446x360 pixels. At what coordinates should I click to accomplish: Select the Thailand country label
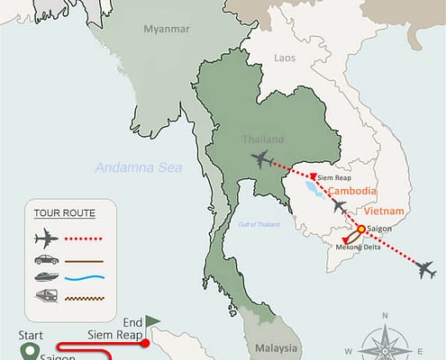(x=263, y=139)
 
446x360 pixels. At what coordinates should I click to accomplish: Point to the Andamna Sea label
(x=139, y=166)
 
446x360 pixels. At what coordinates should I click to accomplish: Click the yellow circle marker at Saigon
(x=360, y=229)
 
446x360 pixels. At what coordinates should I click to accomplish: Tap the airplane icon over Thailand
(x=261, y=160)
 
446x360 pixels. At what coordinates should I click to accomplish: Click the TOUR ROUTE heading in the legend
(x=64, y=213)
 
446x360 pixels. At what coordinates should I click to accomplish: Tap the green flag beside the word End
(x=153, y=320)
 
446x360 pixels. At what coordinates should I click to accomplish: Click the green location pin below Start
(x=31, y=351)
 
